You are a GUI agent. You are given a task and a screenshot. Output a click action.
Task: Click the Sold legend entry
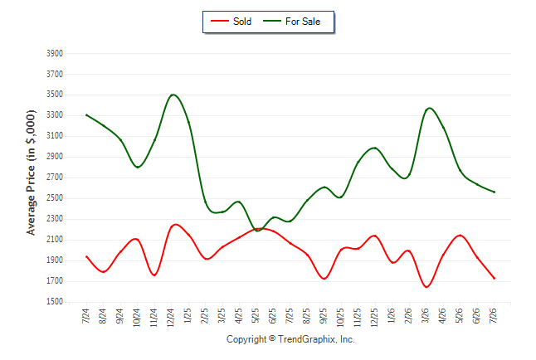coord(231,22)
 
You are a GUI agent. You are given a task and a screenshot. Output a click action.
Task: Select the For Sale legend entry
coord(292,22)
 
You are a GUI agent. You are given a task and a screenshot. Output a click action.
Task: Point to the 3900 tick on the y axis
coord(55,53)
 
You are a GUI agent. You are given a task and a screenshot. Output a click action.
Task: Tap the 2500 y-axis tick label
coord(55,198)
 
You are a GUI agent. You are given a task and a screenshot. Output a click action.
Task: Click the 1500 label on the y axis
coord(55,302)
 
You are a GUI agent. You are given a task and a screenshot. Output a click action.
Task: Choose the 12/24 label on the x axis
coord(171,317)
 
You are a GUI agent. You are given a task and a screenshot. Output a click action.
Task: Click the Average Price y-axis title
coord(31,173)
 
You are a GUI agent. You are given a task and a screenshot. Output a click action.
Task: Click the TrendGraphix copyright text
coord(290,339)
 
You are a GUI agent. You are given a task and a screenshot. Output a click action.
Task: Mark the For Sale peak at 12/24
coord(173,95)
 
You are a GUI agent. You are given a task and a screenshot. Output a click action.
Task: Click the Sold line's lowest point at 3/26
coord(426,287)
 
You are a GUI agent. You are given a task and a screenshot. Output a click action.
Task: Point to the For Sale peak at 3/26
coord(429,109)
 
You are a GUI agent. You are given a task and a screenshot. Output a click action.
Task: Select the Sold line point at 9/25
coord(324,278)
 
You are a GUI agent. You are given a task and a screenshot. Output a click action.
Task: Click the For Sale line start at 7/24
coord(86,115)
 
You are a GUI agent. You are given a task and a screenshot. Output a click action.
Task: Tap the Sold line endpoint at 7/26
coord(494,278)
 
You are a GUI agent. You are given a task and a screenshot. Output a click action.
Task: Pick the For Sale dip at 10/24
coord(138,168)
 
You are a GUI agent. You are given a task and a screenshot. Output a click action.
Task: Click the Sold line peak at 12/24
coord(175,225)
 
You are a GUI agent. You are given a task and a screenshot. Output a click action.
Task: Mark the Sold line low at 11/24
coord(154,275)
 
